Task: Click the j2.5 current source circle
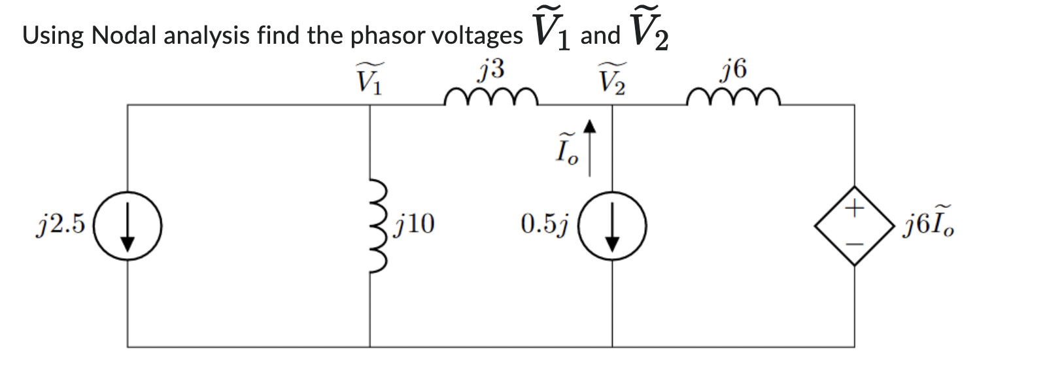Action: pos(128,225)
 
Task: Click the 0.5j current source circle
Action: pos(613,225)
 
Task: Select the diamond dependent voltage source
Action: pos(854,225)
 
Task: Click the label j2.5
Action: pos(60,224)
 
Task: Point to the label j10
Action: pos(415,224)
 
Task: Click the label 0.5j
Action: pos(544,224)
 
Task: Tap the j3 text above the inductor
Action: pos(491,69)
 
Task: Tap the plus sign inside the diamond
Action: pos(854,209)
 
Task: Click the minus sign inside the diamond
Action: pos(854,244)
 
